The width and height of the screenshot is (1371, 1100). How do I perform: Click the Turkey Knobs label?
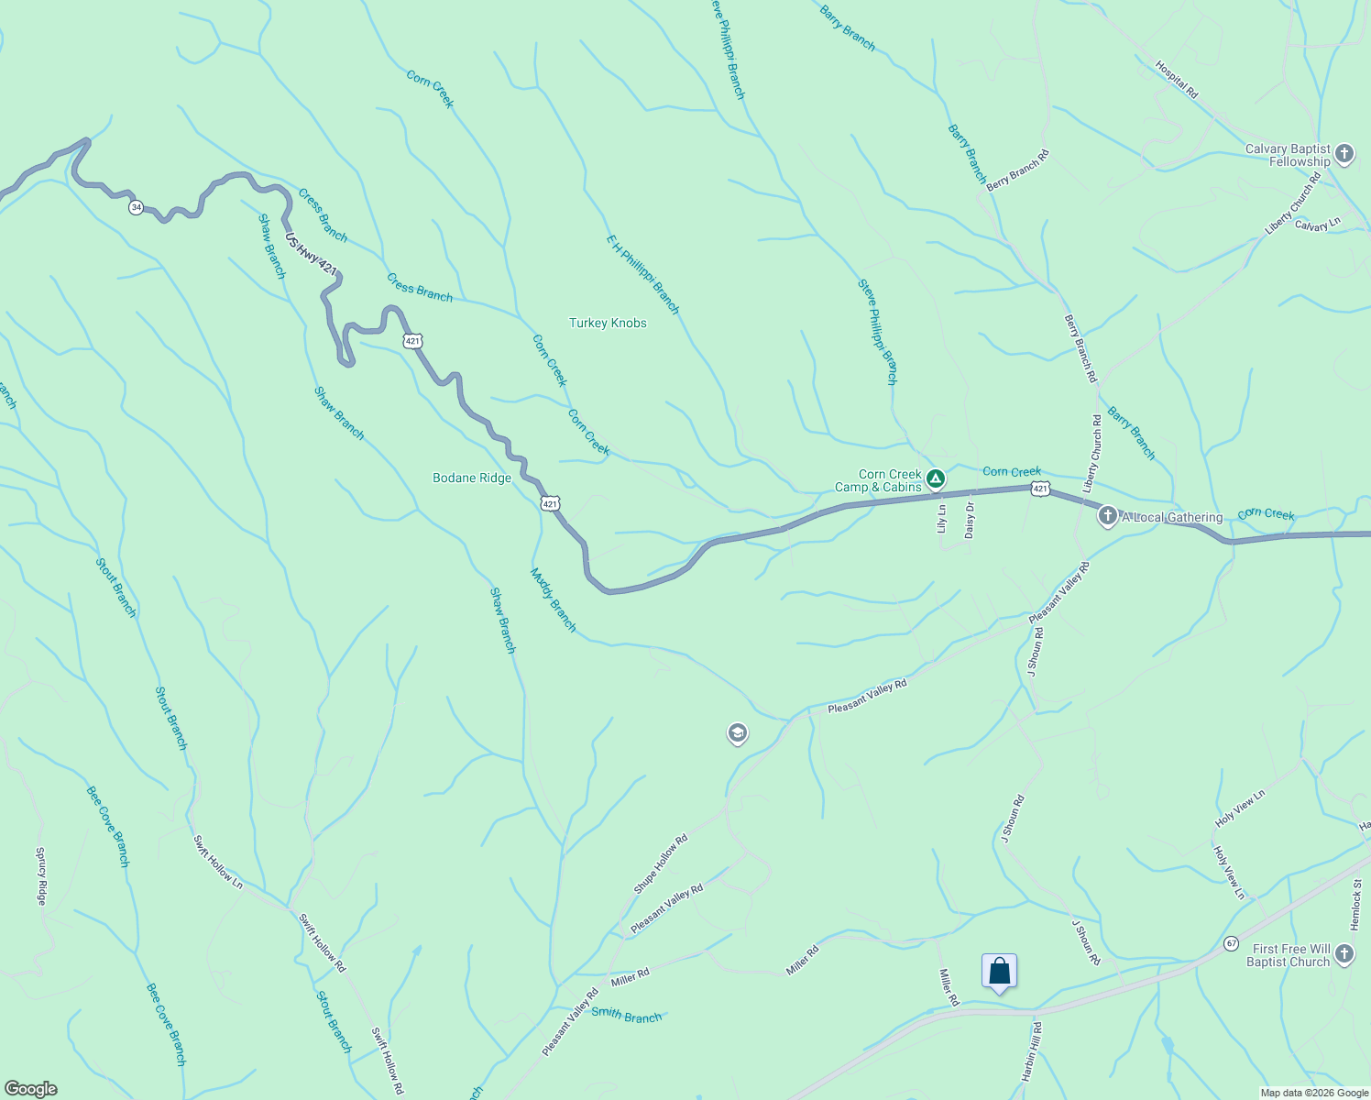[608, 323]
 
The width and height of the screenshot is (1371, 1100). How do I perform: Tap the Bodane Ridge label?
[472, 478]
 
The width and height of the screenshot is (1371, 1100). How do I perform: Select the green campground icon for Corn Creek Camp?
[935, 478]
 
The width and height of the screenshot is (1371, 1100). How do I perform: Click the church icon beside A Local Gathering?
[1107, 516]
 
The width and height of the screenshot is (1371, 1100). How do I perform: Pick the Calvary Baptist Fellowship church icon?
[1344, 154]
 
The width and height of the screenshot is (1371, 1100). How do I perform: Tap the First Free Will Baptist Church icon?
[1344, 954]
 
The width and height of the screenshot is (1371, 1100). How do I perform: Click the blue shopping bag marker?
[999, 972]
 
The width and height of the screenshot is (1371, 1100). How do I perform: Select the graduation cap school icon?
[737, 733]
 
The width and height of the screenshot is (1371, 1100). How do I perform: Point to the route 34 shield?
[137, 207]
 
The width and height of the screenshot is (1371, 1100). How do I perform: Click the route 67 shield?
[1231, 943]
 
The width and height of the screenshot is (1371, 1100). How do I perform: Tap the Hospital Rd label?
[1177, 80]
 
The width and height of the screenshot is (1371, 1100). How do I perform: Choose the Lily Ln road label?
[941, 519]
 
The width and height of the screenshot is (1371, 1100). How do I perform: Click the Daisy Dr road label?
[970, 519]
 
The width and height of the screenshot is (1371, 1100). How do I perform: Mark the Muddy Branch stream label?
[554, 599]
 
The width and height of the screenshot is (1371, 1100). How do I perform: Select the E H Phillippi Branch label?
[643, 273]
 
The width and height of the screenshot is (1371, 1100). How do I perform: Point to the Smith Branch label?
[626, 1015]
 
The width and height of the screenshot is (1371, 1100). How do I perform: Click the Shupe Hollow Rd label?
[660, 864]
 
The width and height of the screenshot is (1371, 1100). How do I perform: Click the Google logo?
[30, 1089]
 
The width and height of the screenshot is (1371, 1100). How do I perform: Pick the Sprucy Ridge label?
[41, 876]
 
